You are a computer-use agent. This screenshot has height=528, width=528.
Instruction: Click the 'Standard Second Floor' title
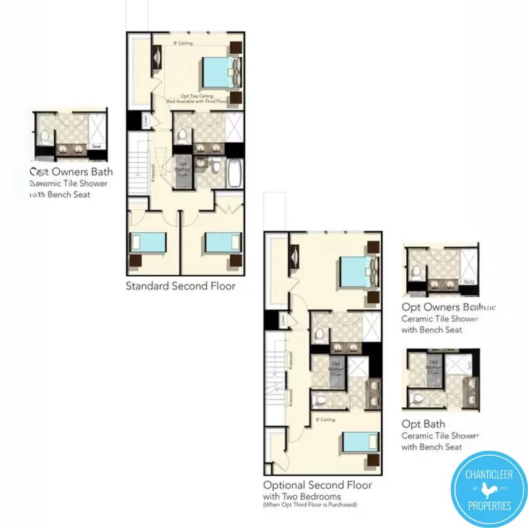[180, 286]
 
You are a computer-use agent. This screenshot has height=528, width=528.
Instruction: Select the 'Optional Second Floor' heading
[317, 485]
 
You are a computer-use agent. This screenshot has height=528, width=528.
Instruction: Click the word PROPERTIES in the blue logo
[488, 506]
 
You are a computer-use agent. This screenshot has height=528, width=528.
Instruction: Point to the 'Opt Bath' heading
[423, 424]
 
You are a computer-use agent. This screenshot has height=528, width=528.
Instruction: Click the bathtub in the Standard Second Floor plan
[235, 173]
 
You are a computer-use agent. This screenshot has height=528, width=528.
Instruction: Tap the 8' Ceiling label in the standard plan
[183, 44]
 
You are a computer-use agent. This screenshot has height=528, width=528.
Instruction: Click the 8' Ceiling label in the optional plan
[325, 419]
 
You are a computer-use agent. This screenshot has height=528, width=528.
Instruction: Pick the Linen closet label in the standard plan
[145, 120]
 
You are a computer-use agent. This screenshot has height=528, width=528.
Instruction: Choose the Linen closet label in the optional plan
[283, 321]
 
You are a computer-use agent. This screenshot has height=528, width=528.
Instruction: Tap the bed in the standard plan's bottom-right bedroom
[223, 242]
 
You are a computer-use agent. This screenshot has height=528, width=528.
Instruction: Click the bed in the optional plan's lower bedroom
[360, 441]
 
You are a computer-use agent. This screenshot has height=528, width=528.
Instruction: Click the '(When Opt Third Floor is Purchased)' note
[309, 504]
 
